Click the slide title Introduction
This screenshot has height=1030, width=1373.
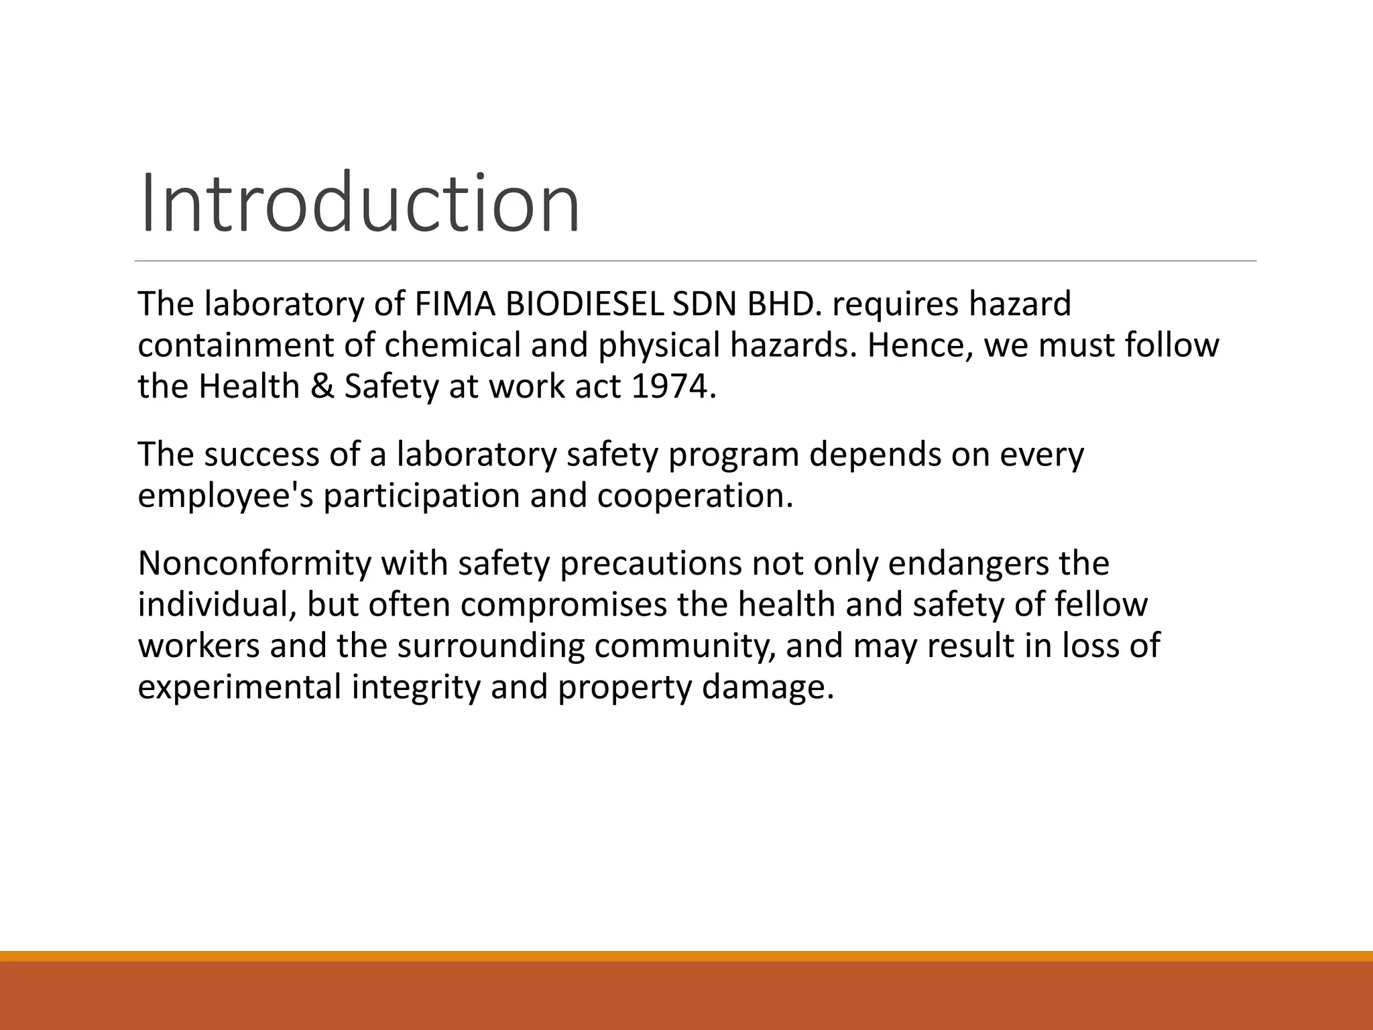click(359, 203)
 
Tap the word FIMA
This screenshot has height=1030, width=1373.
click(455, 304)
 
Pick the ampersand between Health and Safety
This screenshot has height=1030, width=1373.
click(322, 387)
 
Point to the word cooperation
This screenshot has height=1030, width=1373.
click(695, 496)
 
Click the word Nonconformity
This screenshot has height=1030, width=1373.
click(254, 563)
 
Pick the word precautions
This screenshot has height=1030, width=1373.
click(650, 563)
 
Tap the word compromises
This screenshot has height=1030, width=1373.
click(563, 605)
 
